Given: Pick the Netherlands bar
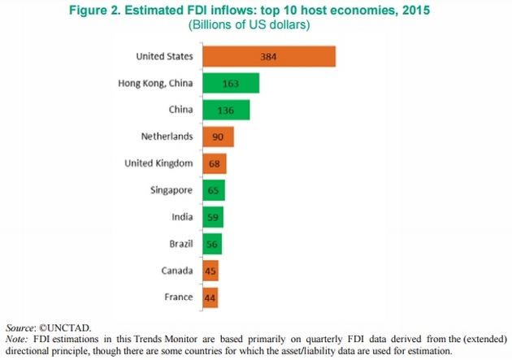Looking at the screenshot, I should [216, 137].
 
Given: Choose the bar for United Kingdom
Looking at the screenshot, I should [213, 163].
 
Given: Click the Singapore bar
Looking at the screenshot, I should [212, 190].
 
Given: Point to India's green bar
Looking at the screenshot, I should [211, 217].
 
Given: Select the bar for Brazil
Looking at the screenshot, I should [210, 244].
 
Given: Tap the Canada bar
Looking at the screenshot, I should [209, 271].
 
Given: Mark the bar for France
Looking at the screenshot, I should [209, 297].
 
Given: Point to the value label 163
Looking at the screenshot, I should [231, 83].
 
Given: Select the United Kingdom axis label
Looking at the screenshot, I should [158, 163].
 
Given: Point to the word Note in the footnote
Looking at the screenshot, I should [15, 337].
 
